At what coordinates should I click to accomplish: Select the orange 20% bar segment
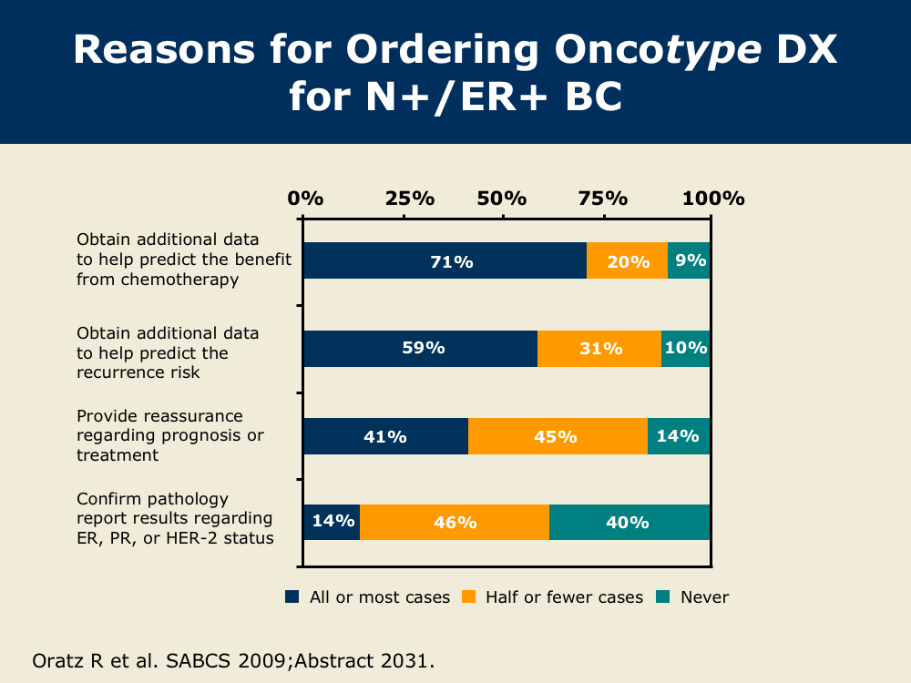point(627,261)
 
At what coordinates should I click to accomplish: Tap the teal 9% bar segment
point(690,261)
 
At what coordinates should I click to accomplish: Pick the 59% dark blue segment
point(420,349)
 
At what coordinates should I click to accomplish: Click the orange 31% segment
point(599,349)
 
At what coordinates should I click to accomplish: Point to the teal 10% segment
point(686,349)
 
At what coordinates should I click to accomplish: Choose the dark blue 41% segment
point(385,436)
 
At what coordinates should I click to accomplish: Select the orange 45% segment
point(558,436)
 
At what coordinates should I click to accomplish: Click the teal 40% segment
point(630,523)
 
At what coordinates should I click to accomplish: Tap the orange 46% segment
point(455,523)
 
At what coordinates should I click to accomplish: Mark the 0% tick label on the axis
point(305,198)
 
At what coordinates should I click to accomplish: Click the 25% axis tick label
point(409,198)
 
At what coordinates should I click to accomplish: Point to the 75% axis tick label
point(603,198)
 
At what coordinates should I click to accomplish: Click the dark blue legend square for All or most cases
point(292,597)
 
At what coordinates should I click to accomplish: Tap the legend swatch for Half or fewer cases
point(468,597)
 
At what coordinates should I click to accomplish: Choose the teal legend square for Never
point(663,597)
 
